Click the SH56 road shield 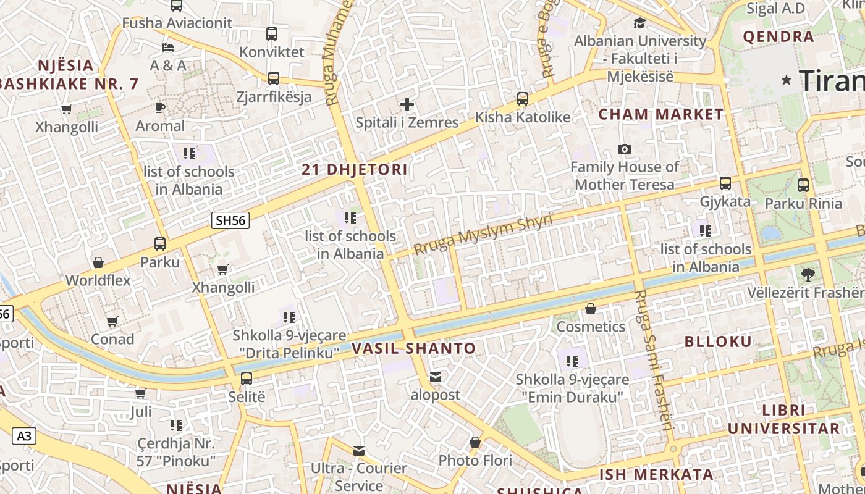pos(230,220)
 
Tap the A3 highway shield pos(23,436)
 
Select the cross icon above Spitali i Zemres pos(407,104)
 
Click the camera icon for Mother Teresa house pos(625,149)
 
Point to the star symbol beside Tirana pos(787,80)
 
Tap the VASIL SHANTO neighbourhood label pos(413,348)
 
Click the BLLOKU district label pos(718,341)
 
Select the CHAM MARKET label pos(660,114)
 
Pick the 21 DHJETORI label pos(354,170)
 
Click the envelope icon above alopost pos(436,377)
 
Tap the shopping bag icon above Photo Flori pos(475,442)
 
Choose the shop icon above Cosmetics pos(591,309)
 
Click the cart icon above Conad pos(112,321)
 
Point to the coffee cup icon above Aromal pos(160,108)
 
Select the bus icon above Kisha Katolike pos(523,99)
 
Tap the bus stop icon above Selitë pos(247,379)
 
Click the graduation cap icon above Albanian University pos(639,23)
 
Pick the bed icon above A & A pos(168,47)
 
